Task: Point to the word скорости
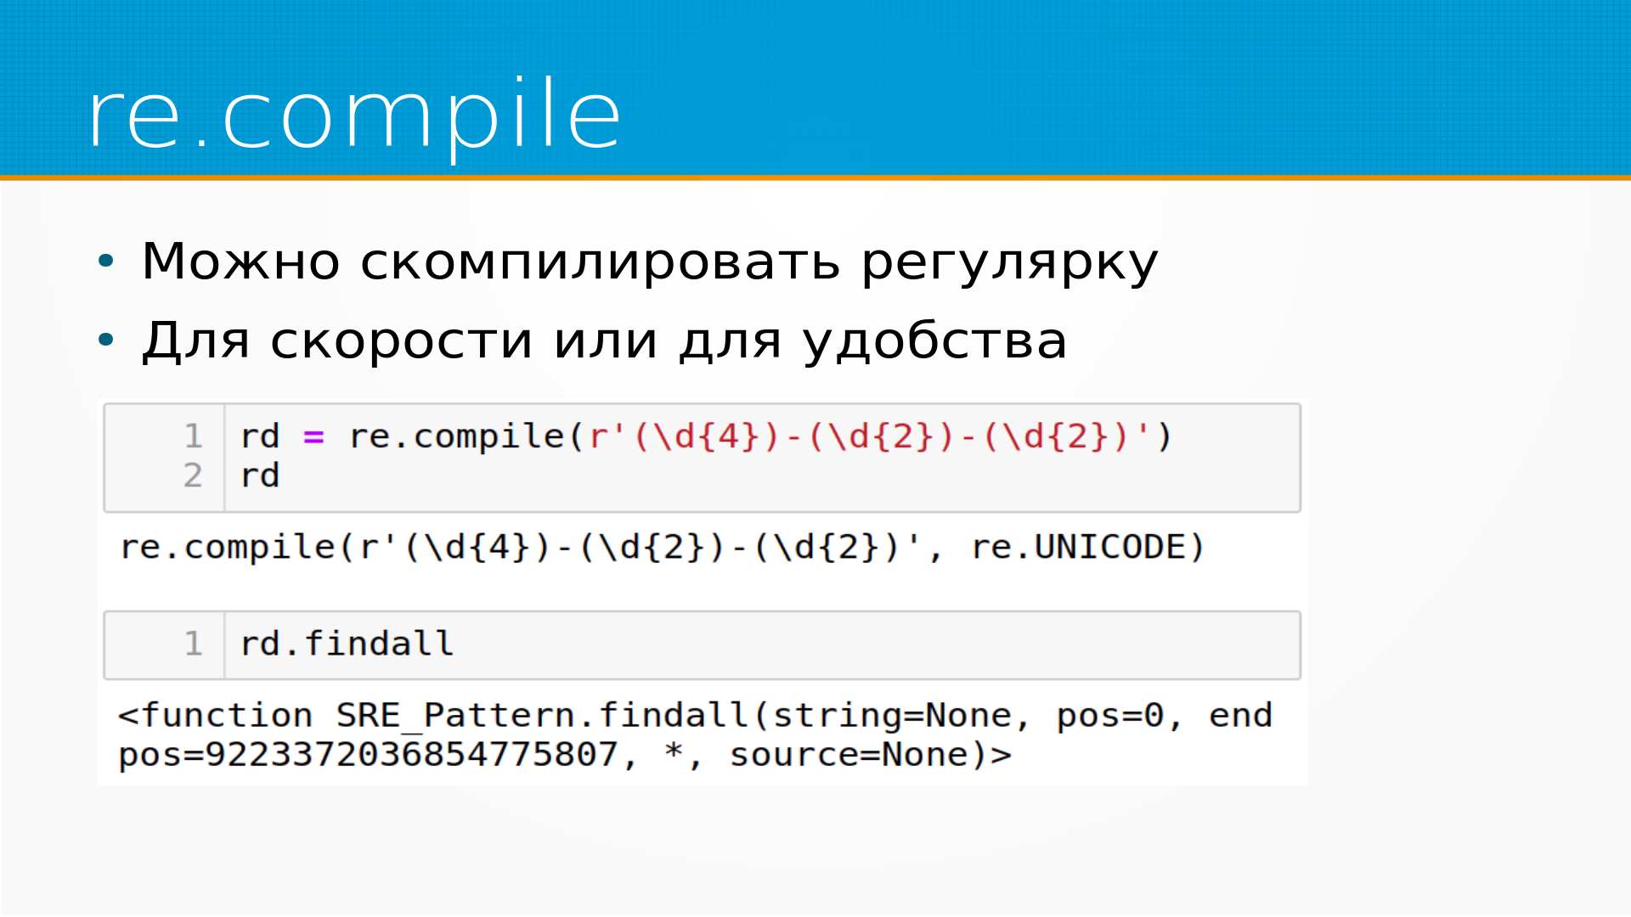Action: [401, 341]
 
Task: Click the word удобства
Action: [934, 340]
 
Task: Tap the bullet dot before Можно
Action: [105, 261]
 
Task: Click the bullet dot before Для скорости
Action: [105, 340]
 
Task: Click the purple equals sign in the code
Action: [313, 437]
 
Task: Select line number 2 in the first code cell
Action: [193, 475]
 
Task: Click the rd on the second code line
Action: [260, 475]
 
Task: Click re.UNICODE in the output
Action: [1087, 548]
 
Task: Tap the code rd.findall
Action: [347, 644]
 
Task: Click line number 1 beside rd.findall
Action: [193, 644]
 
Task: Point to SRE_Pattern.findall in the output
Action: [543, 716]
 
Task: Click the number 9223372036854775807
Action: [411, 755]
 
